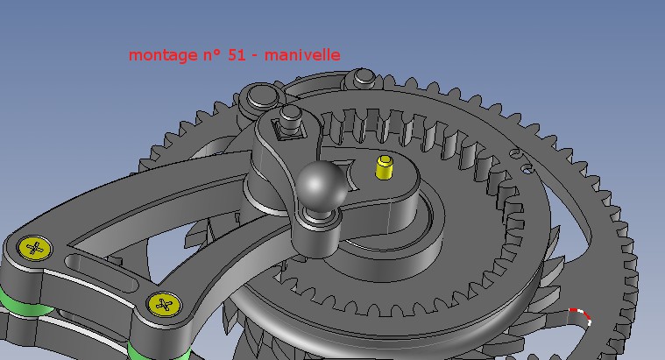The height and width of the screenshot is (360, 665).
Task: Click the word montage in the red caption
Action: click(x=163, y=55)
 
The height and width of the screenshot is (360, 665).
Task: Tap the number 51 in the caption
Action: click(x=237, y=54)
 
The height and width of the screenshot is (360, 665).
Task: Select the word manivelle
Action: click(x=302, y=54)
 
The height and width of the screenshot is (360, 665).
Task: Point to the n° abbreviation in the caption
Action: click(x=211, y=54)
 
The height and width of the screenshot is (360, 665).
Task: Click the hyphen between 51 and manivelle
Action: click(x=254, y=56)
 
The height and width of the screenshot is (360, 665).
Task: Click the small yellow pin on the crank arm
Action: click(x=385, y=167)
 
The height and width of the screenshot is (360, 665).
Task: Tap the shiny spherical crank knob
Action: click(x=321, y=185)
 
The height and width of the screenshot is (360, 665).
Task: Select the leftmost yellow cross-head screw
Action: click(x=35, y=248)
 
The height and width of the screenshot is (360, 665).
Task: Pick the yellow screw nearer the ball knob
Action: click(x=164, y=305)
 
